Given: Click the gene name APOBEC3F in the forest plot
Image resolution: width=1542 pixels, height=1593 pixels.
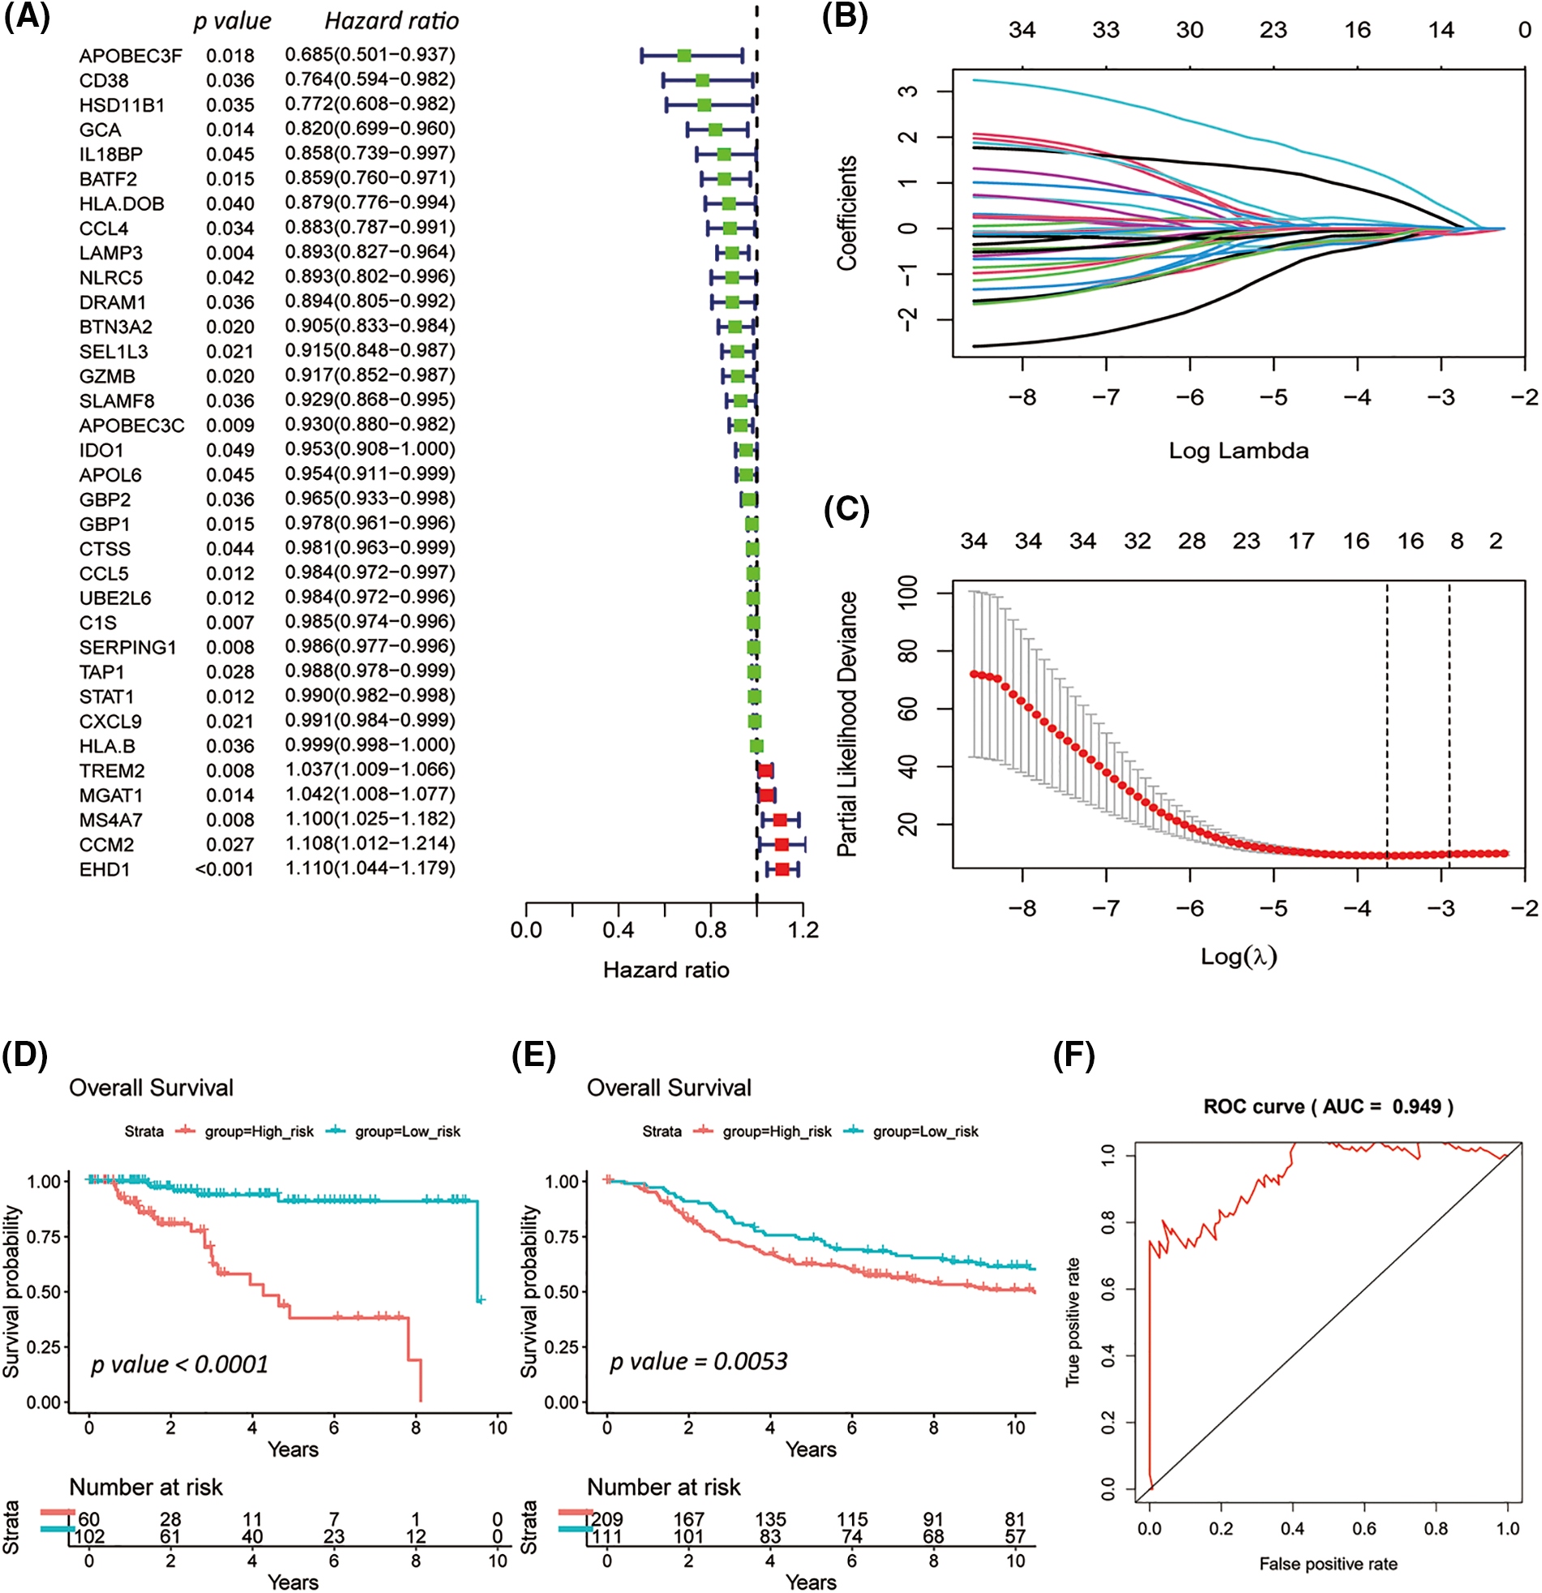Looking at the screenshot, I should tap(130, 56).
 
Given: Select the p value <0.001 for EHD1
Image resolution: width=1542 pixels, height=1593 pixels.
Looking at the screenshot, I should tap(225, 870).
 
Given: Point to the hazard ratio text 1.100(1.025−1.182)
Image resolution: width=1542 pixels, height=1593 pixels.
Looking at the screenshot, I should tap(370, 820).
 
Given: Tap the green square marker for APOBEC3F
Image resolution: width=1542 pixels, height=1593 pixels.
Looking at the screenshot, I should tap(684, 56).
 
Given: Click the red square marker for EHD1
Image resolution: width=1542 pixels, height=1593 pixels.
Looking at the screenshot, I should tap(782, 870).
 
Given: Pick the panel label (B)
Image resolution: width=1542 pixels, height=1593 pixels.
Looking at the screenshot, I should tap(845, 18).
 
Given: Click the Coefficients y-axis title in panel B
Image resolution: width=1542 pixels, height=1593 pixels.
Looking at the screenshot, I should tap(847, 213).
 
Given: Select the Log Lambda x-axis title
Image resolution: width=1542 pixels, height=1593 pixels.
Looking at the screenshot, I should tap(1238, 451).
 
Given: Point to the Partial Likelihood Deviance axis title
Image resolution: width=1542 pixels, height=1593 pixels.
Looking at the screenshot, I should tap(847, 724).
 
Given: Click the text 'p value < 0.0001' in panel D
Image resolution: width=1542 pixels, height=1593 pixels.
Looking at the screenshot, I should tap(180, 1364).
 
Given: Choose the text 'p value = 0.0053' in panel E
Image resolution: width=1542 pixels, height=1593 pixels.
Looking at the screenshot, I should tap(698, 1361).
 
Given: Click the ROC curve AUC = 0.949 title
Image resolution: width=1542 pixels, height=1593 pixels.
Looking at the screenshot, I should tap(1327, 1106).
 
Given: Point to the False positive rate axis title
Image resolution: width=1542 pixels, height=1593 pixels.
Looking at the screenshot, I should tap(1327, 1564).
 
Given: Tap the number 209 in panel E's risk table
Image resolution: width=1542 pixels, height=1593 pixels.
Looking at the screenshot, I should tap(607, 1520).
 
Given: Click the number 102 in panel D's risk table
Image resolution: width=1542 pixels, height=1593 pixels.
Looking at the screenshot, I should tap(89, 1537).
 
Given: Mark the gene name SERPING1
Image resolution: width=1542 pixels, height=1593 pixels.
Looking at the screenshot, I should tap(127, 648).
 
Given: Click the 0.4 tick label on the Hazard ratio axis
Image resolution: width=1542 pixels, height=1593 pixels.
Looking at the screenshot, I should tap(619, 931).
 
